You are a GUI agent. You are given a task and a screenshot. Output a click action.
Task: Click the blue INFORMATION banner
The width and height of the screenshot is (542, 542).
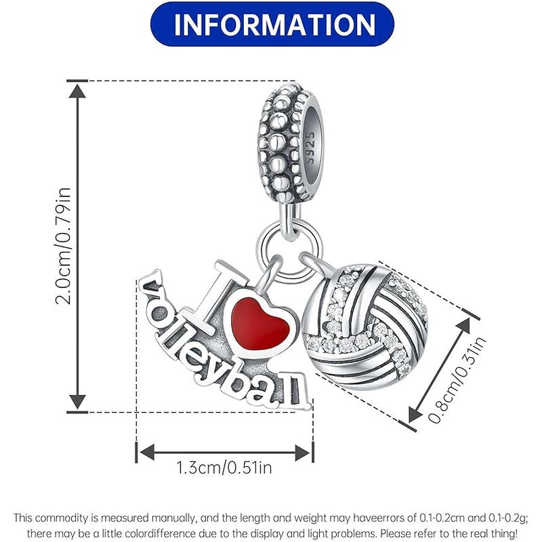coord(272,24)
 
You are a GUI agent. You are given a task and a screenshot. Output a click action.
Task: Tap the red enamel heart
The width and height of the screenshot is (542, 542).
coord(259,323)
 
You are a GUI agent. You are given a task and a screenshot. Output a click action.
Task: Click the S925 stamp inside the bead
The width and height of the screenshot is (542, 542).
coord(310,147)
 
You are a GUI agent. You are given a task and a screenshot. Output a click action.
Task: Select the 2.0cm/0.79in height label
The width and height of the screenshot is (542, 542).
coord(63,246)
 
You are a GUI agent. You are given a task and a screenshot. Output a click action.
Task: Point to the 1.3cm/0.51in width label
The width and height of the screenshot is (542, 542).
coord(224,467)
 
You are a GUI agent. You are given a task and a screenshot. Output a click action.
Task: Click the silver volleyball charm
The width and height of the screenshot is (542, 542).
coord(364,327)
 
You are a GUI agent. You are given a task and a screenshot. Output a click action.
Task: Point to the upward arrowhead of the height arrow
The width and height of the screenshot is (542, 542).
coord(77,91)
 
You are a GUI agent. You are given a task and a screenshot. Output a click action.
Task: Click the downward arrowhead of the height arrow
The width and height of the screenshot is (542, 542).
coord(77,402)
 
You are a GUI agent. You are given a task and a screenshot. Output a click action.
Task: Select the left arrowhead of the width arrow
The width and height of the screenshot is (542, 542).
coord(147,452)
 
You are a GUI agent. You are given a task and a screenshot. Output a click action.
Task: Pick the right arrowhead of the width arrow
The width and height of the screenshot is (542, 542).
coord(302,452)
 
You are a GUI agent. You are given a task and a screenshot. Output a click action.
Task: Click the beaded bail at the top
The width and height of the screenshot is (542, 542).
coord(291,142)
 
